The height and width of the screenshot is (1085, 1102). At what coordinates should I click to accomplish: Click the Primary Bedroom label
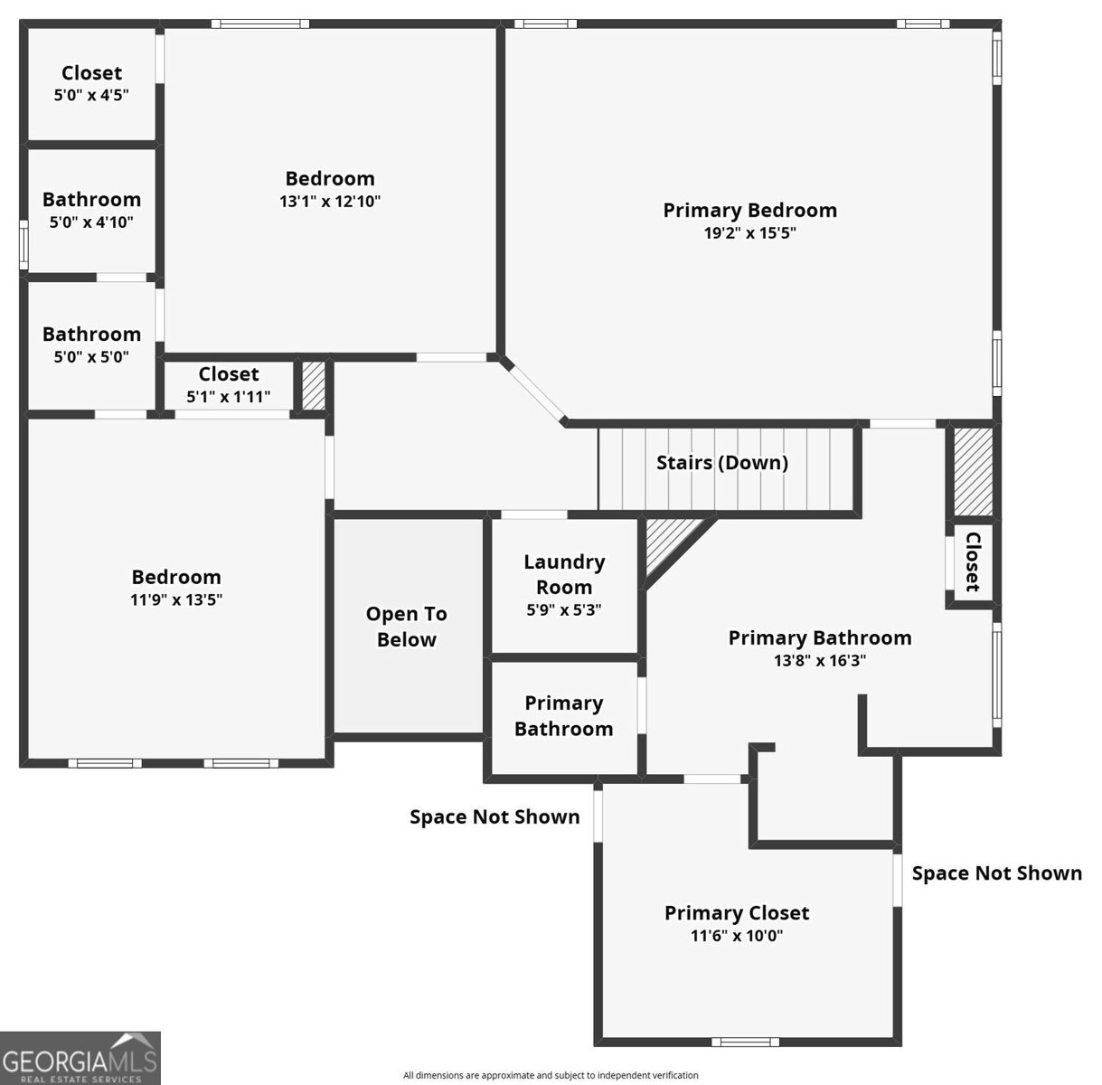(x=749, y=211)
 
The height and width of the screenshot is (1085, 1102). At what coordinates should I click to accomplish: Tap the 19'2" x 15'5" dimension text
(x=749, y=233)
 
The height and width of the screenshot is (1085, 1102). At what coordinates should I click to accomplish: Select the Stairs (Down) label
(x=721, y=463)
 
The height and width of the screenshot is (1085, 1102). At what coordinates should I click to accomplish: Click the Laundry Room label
(x=564, y=574)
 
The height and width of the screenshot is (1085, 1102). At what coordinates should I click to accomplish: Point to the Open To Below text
(x=406, y=627)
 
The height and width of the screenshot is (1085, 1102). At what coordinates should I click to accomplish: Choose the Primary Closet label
(x=736, y=913)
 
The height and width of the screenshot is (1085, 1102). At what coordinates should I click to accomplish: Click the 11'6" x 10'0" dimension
(x=736, y=936)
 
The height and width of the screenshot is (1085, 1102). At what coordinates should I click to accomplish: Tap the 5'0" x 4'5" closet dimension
(x=91, y=95)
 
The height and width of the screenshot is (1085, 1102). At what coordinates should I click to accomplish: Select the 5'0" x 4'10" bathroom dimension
(x=91, y=222)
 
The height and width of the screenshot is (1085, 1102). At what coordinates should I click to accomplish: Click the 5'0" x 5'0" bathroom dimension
(x=91, y=356)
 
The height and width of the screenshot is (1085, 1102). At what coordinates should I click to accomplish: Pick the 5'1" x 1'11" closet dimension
(x=228, y=396)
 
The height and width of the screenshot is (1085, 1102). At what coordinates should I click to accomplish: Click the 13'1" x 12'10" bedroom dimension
(x=329, y=202)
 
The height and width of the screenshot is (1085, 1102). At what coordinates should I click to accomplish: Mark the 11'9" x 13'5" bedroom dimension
(x=175, y=599)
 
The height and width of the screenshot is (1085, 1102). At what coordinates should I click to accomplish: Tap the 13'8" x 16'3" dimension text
(x=819, y=660)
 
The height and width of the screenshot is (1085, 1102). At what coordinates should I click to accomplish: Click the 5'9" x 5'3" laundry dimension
(x=564, y=609)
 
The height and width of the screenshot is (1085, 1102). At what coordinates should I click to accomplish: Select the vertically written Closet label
(x=972, y=561)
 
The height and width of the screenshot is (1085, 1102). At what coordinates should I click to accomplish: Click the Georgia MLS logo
(x=80, y=1057)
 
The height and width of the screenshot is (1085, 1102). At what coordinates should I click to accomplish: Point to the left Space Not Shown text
(x=494, y=817)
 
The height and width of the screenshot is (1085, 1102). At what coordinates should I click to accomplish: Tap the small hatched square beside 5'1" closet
(x=312, y=386)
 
